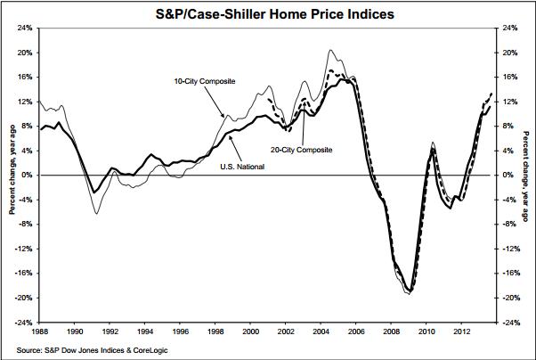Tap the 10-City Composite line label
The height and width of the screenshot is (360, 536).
[204, 82]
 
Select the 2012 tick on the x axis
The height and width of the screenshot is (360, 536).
[461, 331]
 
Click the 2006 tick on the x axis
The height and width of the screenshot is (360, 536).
[356, 331]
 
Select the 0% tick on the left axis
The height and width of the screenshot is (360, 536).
[28, 176]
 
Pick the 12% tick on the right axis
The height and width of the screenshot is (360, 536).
[511, 102]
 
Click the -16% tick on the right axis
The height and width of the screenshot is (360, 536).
[512, 273]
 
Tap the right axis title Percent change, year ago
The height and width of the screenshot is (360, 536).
[527, 175]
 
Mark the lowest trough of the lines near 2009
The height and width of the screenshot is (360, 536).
[409, 292]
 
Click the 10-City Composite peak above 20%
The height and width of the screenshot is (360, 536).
[331, 51]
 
